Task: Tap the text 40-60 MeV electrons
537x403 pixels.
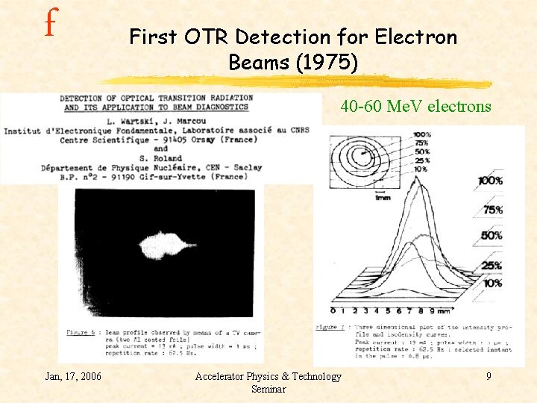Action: click(415, 106)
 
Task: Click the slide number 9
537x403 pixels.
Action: click(489, 376)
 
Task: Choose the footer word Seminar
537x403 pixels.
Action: click(268, 389)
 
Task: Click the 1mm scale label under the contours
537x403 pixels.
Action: click(383, 198)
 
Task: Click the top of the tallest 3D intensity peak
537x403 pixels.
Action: click(423, 183)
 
